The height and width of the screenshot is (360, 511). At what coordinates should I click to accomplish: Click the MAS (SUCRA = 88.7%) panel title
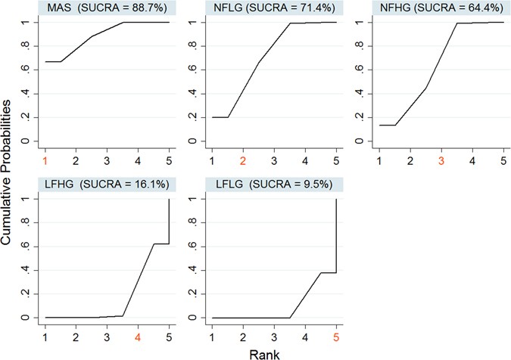pyautogui.click(x=98, y=8)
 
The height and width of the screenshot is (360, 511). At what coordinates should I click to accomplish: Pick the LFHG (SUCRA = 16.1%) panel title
pyautogui.click(x=98, y=184)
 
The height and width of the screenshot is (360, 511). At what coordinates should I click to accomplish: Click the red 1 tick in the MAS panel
pyautogui.click(x=45, y=160)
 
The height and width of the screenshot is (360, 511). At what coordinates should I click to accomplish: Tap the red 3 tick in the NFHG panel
pyautogui.click(x=440, y=160)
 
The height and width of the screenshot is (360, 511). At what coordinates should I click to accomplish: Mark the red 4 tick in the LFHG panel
pyautogui.click(x=138, y=337)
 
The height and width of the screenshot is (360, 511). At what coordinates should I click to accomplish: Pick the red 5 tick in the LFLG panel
pyautogui.click(x=335, y=337)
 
